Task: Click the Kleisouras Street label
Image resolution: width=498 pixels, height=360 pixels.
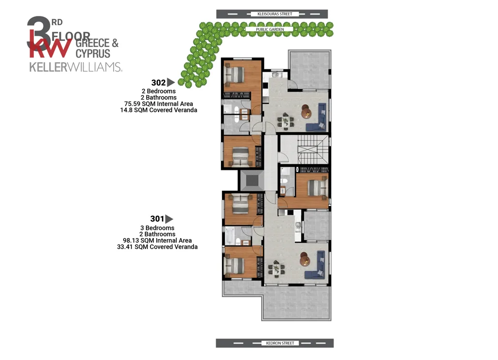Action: tap(275, 14)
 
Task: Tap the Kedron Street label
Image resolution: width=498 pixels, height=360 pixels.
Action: tap(280, 343)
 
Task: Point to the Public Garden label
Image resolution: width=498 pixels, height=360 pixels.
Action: tap(270, 30)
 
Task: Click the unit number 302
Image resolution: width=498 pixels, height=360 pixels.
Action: tap(159, 83)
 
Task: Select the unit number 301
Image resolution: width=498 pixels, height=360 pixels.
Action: tap(157, 219)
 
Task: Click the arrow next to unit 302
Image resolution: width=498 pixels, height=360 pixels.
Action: tap(171, 82)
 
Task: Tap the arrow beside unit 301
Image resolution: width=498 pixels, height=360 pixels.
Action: tap(169, 219)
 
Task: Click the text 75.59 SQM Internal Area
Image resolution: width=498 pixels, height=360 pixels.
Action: tap(159, 104)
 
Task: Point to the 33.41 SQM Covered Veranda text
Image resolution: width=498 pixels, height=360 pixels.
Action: tap(157, 247)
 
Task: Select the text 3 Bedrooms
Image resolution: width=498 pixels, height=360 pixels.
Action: tap(157, 228)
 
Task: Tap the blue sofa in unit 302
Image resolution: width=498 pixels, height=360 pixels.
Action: tap(317, 117)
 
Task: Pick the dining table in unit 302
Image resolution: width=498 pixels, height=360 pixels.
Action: tap(286, 121)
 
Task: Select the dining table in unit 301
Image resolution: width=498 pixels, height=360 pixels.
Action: tap(276, 269)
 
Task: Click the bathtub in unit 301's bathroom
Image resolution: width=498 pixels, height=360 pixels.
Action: tap(230, 236)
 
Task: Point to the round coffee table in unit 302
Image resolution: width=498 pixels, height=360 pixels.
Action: tap(307, 111)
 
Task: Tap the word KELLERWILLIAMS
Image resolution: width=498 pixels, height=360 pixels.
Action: tap(75, 67)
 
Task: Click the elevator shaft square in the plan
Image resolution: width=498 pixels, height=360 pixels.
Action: tap(252, 180)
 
